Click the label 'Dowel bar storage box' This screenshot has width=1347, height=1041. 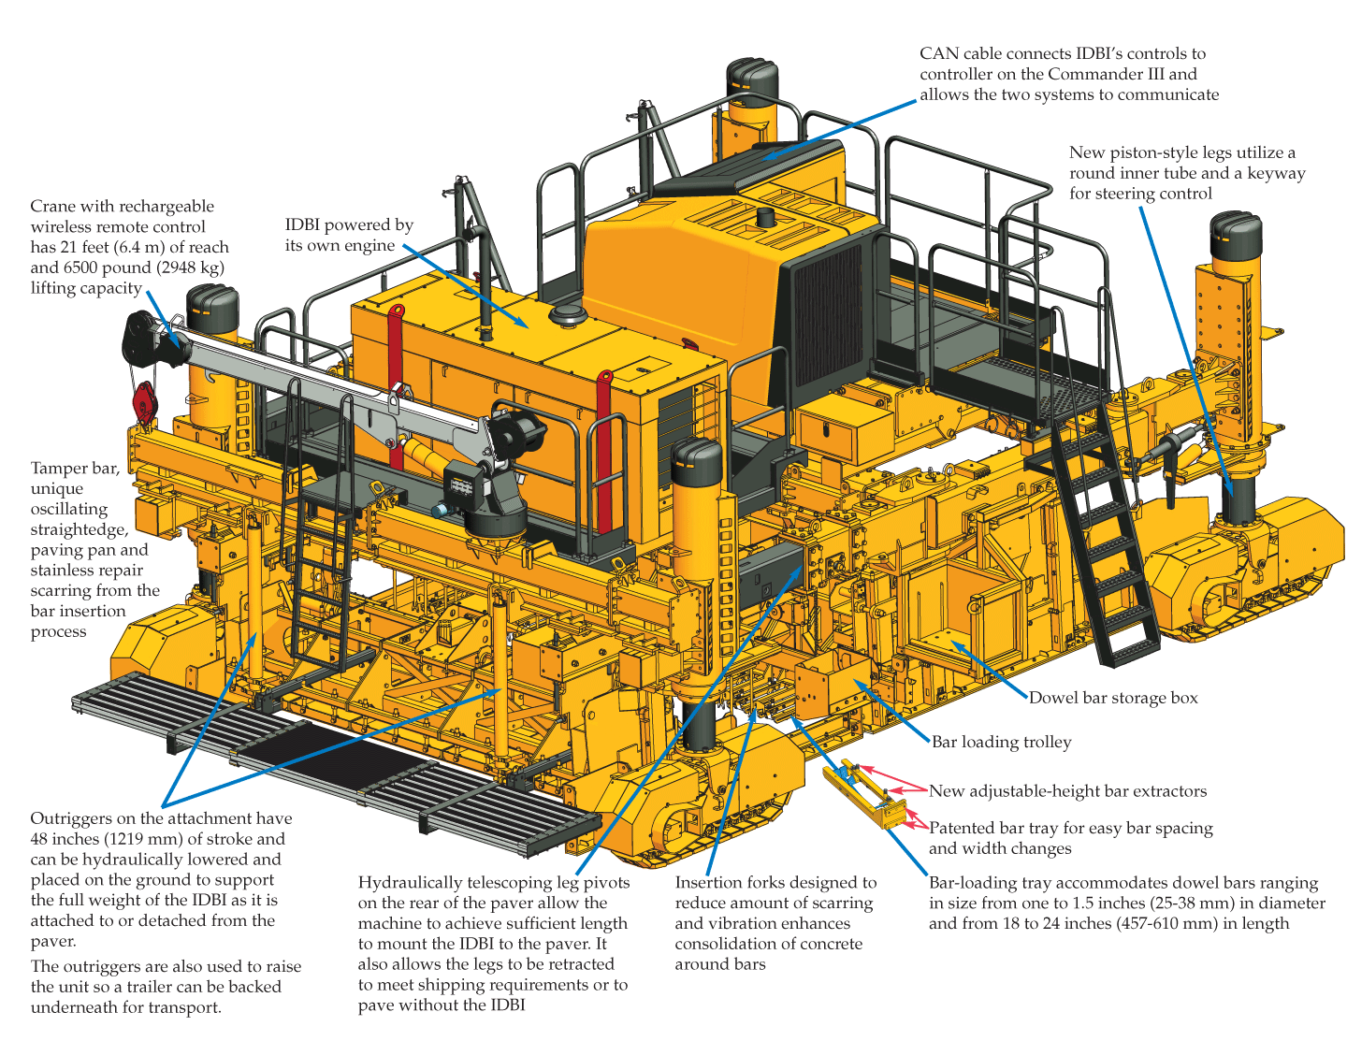coord(1113,698)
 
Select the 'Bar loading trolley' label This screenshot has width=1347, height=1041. coord(1001,742)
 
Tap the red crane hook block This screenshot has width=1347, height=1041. coord(144,402)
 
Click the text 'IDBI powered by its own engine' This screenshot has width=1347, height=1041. coord(348,235)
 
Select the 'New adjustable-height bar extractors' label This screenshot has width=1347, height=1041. coord(1067,791)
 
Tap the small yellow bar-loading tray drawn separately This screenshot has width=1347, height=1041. coord(866,796)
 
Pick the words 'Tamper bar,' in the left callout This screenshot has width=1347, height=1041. coord(75,469)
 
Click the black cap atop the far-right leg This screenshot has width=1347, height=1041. coord(1236,234)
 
